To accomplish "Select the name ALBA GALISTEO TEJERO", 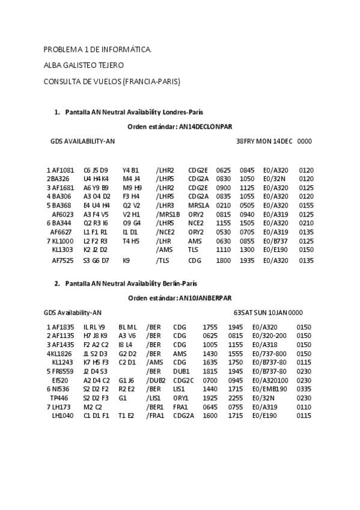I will pyautogui.click(x=84, y=65).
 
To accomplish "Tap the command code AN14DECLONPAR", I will pyautogui.click(x=206, y=126).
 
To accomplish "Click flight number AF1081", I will pyautogui.click(x=62, y=170).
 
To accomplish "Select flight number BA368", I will pyautogui.click(x=59, y=205).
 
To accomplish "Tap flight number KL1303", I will pyautogui.click(x=63, y=249).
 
